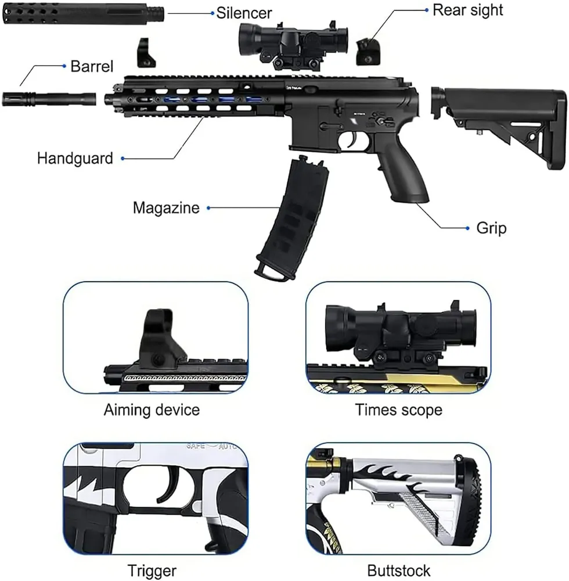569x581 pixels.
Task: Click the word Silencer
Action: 244,12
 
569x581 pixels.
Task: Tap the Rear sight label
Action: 467,10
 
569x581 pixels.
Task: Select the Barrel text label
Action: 92,66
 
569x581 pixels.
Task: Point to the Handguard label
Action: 75,158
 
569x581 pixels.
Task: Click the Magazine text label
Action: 165,207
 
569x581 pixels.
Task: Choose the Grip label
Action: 491,228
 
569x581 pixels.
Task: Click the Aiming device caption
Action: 152,410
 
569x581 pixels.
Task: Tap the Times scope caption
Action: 399,410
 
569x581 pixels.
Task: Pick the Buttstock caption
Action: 399,571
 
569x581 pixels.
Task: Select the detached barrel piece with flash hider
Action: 49,98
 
